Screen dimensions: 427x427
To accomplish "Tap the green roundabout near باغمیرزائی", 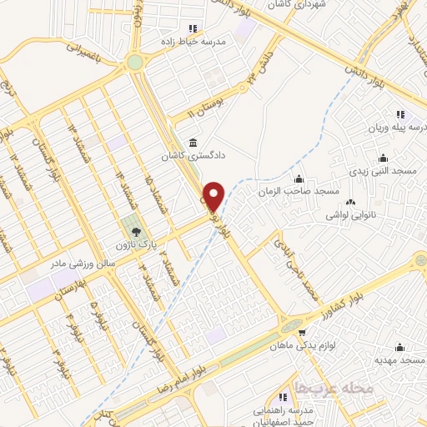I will point(135,63).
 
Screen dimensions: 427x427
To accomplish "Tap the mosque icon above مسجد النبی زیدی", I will point(383,158).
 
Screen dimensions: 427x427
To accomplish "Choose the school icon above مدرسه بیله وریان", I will point(400,114).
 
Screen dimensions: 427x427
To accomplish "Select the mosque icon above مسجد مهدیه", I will point(399,346).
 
